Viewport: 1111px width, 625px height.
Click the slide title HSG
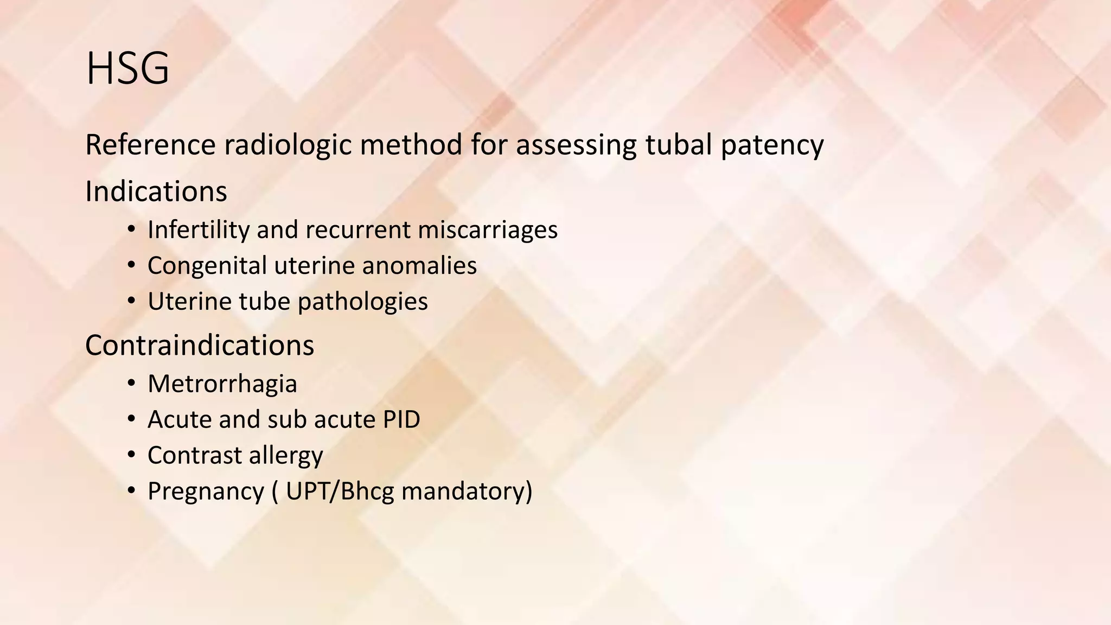tap(127, 69)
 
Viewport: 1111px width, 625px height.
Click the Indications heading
tap(156, 192)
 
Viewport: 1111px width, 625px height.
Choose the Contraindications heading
tap(200, 345)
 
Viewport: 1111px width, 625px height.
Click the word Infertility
tap(198, 229)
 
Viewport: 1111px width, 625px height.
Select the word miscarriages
tap(488, 229)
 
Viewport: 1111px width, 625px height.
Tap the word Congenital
tap(207, 266)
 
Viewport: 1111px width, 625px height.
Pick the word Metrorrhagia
tap(222, 384)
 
